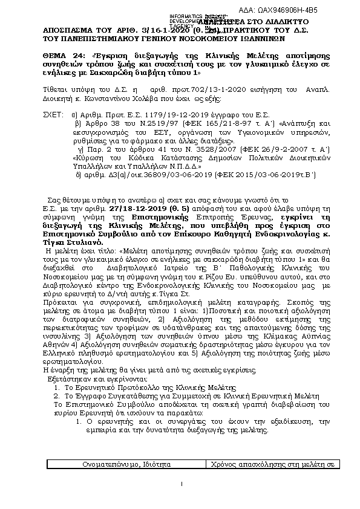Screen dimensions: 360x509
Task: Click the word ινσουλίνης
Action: tap(65, 335)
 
